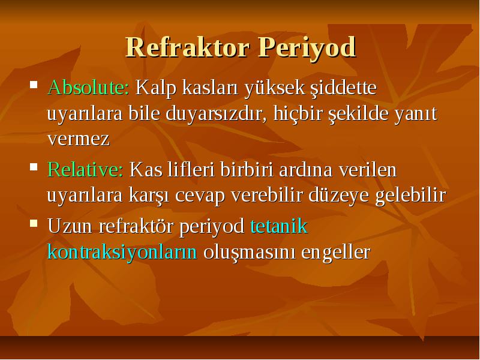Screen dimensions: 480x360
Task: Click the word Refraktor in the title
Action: click(187, 47)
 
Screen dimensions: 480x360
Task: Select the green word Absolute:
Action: click(88, 88)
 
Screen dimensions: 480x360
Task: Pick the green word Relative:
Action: click(85, 169)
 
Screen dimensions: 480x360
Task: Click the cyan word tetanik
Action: click(279, 226)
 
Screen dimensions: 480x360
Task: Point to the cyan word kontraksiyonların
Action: click(122, 252)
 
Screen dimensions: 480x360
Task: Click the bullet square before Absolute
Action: click(34, 84)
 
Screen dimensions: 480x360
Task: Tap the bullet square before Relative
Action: click(34, 167)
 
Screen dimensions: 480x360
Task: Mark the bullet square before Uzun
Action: click(34, 223)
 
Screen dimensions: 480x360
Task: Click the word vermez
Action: click(79, 139)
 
